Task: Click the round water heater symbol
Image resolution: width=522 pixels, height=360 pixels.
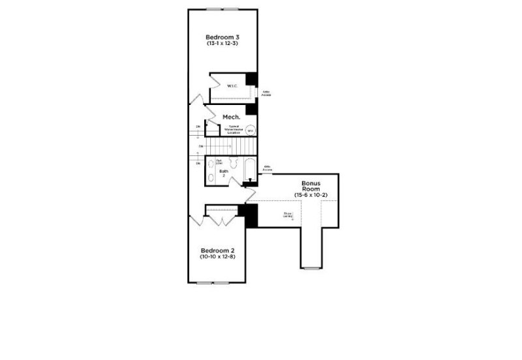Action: [251, 130]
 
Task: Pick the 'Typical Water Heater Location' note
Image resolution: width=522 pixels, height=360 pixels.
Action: [233, 129]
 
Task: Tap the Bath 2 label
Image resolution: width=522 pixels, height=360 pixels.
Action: [224, 173]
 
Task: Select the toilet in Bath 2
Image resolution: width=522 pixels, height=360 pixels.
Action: [211, 178]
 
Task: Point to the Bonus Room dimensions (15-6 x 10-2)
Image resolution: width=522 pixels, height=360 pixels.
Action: [310, 196]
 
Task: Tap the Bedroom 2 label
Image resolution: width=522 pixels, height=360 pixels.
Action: [217, 250]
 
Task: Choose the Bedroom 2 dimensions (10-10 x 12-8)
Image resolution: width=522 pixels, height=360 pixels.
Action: [217, 258]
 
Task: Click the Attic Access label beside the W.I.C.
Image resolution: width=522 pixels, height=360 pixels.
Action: [266, 94]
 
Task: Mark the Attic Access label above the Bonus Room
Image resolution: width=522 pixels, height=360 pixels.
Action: [267, 168]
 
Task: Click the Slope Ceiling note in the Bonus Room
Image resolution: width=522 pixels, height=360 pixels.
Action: [288, 215]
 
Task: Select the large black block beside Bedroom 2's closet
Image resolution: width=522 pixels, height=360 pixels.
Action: [251, 216]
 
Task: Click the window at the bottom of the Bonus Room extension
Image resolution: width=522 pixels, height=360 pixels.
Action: [311, 267]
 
